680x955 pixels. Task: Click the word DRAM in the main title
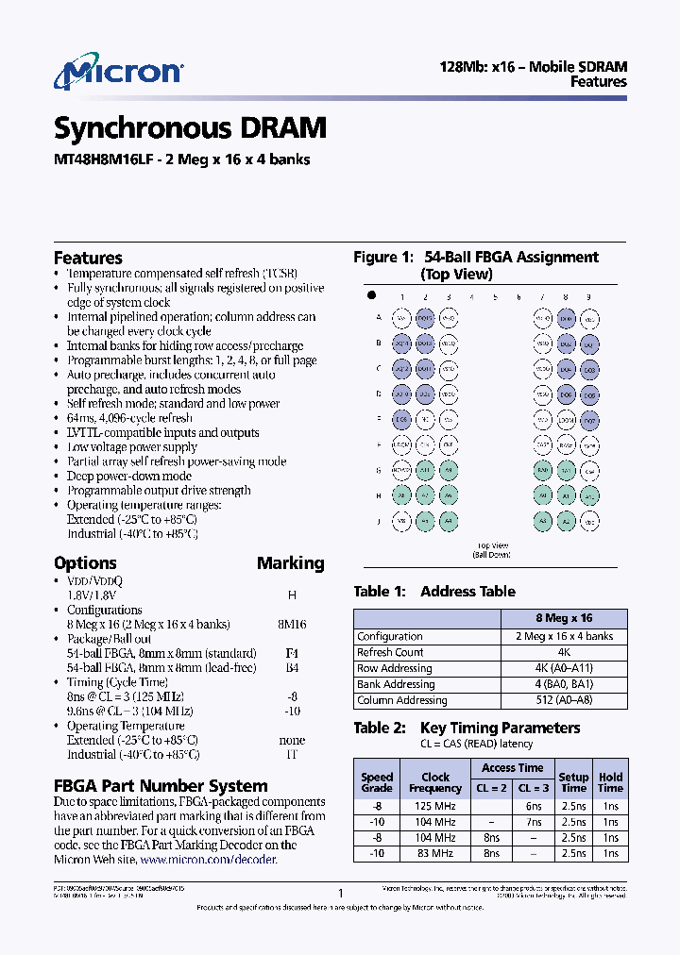pyautogui.click(x=283, y=127)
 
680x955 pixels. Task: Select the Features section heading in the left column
pyautogui.click(x=88, y=258)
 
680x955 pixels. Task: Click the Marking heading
pyautogui.click(x=290, y=563)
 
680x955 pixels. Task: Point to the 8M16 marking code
pyautogui.click(x=290, y=624)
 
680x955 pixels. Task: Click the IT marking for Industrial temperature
pyautogui.click(x=291, y=754)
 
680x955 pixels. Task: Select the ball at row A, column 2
pyautogui.click(x=425, y=319)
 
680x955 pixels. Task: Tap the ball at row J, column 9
pyautogui.click(x=588, y=520)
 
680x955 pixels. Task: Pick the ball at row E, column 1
pyautogui.click(x=401, y=419)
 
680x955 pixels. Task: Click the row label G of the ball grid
pyautogui.click(x=378, y=470)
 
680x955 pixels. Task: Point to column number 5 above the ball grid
pyautogui.click(x=495, y=297)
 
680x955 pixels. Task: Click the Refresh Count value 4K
pyautogui.click(x=563, y=652)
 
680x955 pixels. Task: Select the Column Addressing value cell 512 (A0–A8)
pyautogui.click(x=563, y=700)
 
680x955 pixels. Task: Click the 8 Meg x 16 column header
pyautogui.click(x=563, y=618)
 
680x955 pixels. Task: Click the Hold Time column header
pyautogui.click(x=610, y=782)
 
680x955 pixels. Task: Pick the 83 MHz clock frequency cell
pyautogui.click(x=435, y=853)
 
